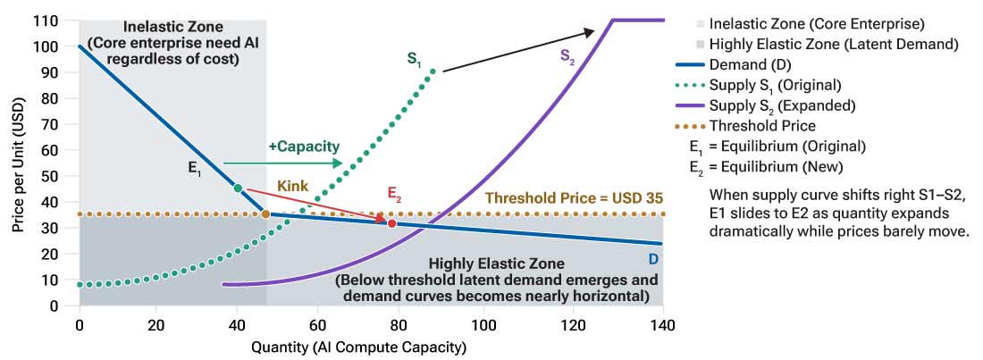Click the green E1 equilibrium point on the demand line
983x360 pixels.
(x=238, y=188)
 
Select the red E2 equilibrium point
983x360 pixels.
(x=391, y=222)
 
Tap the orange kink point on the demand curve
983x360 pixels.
(x=265, y=213)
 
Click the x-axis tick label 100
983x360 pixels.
(x=483, y=323)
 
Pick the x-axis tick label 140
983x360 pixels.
(x=661, y=323)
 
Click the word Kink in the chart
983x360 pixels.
(x=294, y=185)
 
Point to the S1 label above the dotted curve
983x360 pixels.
(x=414, y=61)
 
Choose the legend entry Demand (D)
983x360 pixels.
(x=752, y=64)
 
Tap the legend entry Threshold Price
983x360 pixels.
(x=763, y=125)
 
